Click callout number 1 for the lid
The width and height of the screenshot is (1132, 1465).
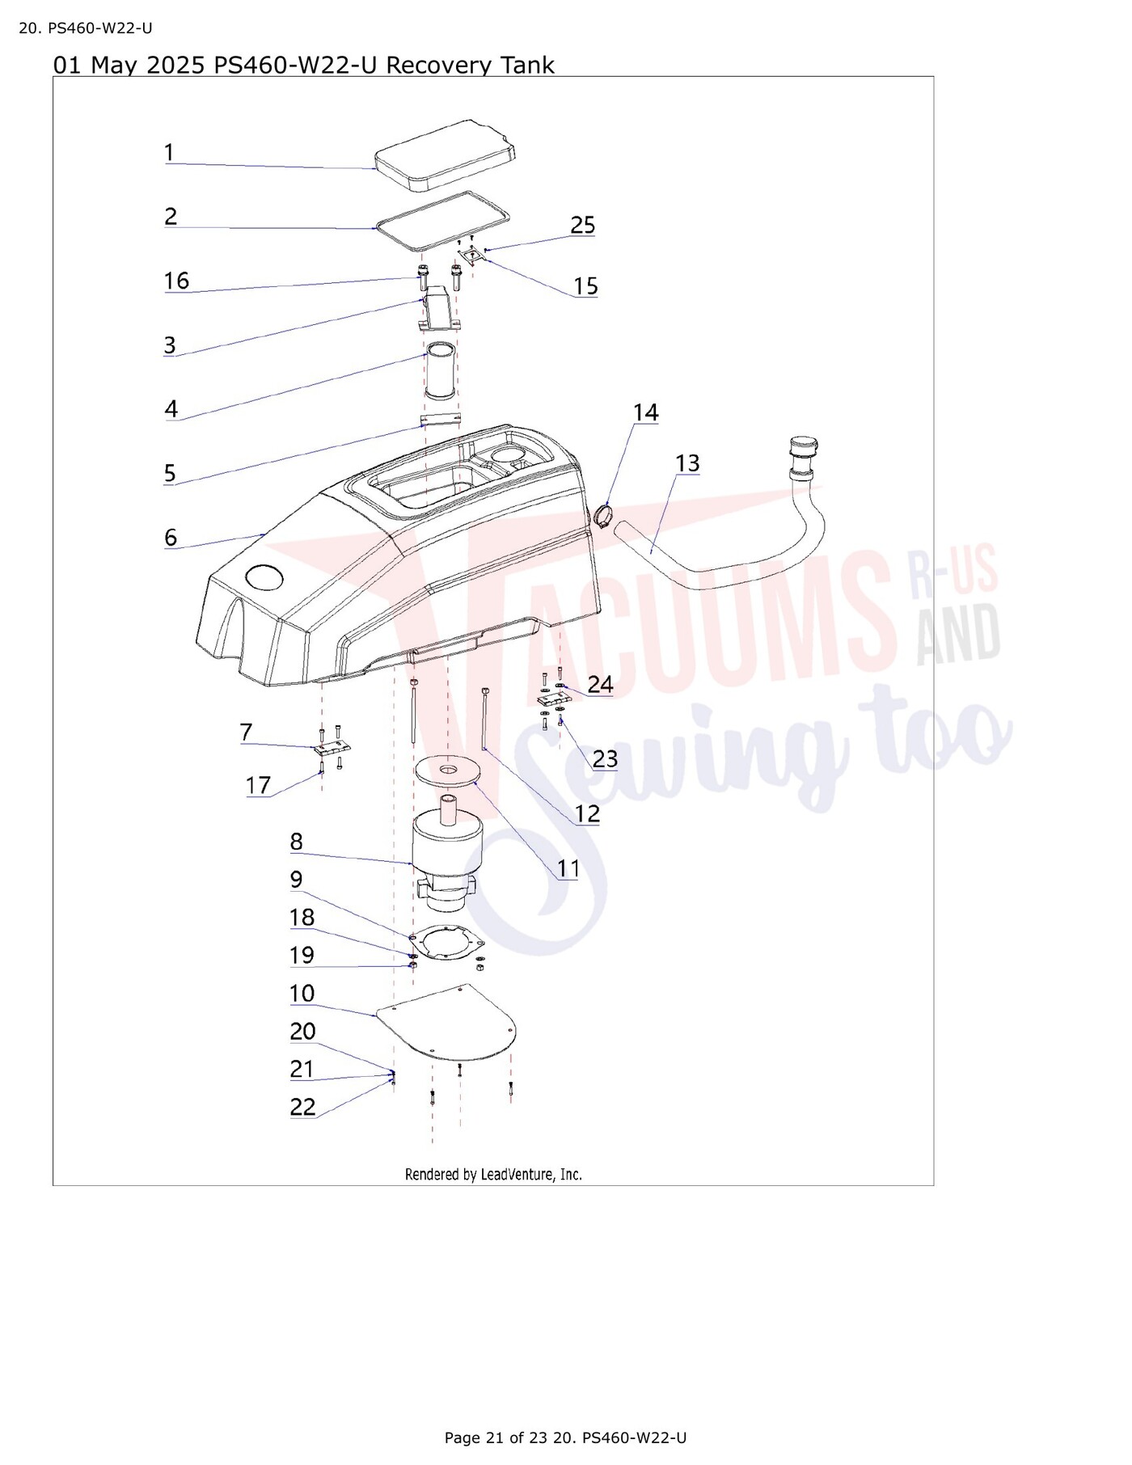[169, 152]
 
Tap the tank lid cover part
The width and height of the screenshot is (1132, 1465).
[446, 155]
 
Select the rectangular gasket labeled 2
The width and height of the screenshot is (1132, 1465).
[441, 220]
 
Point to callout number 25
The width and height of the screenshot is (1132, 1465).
[583, 225]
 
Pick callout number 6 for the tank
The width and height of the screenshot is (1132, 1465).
[170, 538]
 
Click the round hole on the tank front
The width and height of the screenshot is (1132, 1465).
[264, 576]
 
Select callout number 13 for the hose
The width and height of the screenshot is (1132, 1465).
[687, 463]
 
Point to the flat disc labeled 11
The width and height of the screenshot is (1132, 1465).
[446, 770]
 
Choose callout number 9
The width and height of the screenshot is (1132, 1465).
[297, 879]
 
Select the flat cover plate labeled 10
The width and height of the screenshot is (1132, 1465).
[447, 1023]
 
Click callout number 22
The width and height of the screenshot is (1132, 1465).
[302, 1107]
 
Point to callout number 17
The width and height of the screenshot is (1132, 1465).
[258, 785]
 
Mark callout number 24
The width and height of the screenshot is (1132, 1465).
[600, 684]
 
